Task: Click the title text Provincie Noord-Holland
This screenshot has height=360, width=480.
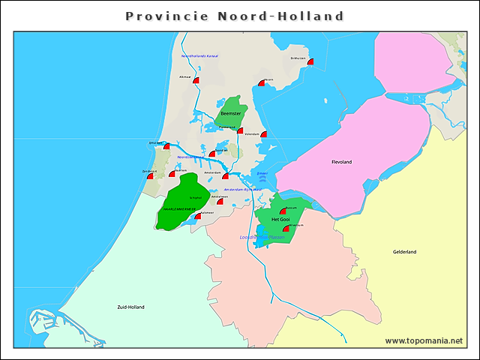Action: [235, 16]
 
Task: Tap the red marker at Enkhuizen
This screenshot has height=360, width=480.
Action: [310, 63]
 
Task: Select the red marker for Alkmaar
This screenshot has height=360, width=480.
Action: [196, 80]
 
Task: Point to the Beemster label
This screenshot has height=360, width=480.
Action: [231, 113]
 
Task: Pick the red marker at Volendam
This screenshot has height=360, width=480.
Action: [263, 134]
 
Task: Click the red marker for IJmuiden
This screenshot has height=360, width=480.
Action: [166, 146]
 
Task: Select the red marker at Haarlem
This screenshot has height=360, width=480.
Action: [172, 173]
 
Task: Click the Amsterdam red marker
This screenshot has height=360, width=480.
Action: [225, 176]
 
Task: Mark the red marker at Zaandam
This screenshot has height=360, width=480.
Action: [212, 154]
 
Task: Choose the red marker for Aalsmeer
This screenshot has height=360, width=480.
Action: [197, 216]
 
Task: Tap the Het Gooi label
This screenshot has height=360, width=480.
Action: [280, 217]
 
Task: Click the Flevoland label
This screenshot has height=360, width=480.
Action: [341, 162]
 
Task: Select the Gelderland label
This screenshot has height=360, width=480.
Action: [404, 252]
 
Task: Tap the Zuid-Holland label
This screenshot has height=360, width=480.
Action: [130, 307]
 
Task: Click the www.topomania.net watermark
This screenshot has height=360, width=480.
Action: [424, 340]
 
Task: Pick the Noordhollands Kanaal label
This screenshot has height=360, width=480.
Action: [199, 56]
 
